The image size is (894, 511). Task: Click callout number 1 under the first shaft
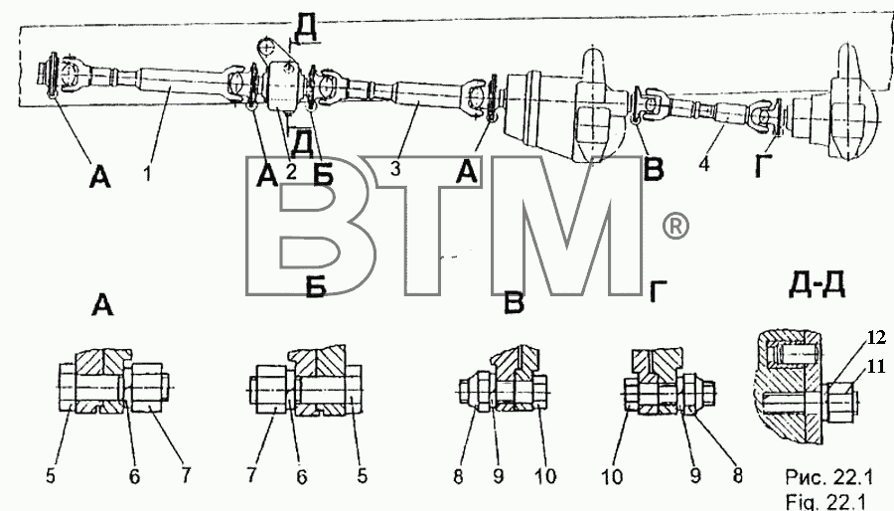pos(147,173)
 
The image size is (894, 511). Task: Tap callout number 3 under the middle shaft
pos(396,168)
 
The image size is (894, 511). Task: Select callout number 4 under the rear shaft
pos(704,164)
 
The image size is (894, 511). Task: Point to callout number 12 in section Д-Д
pos(877,338)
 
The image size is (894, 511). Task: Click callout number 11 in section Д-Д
pos(877,366)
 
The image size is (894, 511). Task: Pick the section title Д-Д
pos(817,284)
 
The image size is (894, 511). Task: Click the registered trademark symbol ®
pos(675,227)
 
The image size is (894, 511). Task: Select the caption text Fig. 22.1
pos(825,501)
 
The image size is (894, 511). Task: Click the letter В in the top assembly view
pos(654,169)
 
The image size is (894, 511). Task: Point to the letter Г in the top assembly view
pos(764,165)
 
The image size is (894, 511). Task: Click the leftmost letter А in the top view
pos(99,177)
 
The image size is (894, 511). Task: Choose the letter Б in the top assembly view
pos(323,176)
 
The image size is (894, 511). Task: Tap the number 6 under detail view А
pos(134,476)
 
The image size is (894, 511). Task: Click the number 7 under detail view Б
pos(251,475)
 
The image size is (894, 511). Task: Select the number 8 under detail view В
pos(458,476)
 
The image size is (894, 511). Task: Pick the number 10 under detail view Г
pos(612,476)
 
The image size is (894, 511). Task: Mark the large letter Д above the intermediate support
pos(305,28)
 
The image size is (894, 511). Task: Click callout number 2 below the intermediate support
pos(291,171)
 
